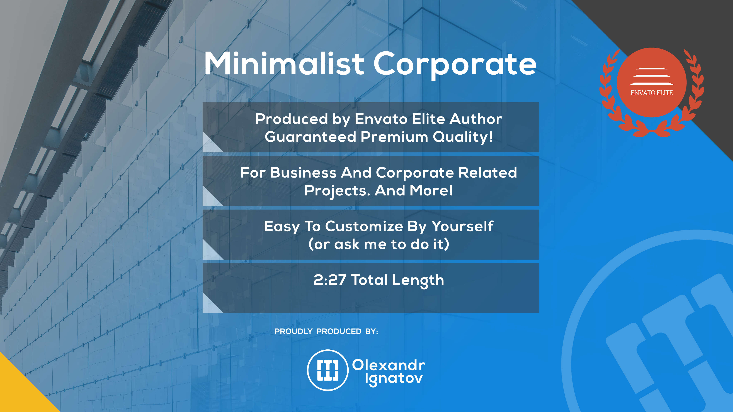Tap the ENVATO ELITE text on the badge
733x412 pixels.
(652, 93)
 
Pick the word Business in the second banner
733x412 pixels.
(303, 173)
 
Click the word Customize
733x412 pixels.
(364, 226)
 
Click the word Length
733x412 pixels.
(418, 281)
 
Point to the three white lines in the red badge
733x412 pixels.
(652, 77)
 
